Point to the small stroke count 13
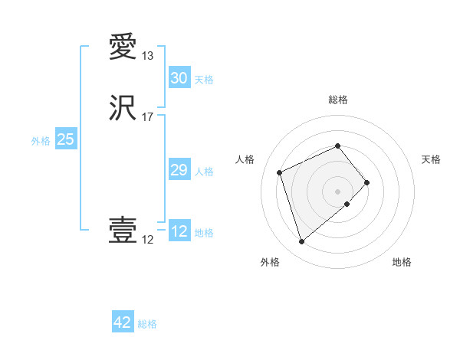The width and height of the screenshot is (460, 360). (x=148, y=56)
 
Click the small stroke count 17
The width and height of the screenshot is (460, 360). (x=148, y=117)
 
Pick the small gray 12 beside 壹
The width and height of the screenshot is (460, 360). (x=148, y=240)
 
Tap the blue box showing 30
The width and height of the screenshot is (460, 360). (x=179, y=78)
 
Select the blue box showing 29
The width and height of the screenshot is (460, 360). (x=179, y=170)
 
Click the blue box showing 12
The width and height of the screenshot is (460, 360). (x=179, y=231)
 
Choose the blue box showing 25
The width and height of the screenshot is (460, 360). (x=65, y=139)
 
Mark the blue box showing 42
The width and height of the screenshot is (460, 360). (x=123, y=322)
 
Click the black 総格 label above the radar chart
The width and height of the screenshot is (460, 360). (x=337, y=100)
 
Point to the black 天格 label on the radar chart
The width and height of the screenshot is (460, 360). (x=431, y=159)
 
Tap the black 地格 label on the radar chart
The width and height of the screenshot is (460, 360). (x=402, y=262)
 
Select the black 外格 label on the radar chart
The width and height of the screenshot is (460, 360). (x=270, y=262)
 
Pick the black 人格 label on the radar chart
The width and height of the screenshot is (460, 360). (x=245, y=159)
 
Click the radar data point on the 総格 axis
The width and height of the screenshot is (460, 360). (x=337, y=146)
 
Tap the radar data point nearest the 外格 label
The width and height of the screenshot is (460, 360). (x=302, y=242)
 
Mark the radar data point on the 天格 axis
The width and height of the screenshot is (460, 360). (x=367, y=182)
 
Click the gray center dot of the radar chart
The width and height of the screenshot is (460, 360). (x=337, y=191)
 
